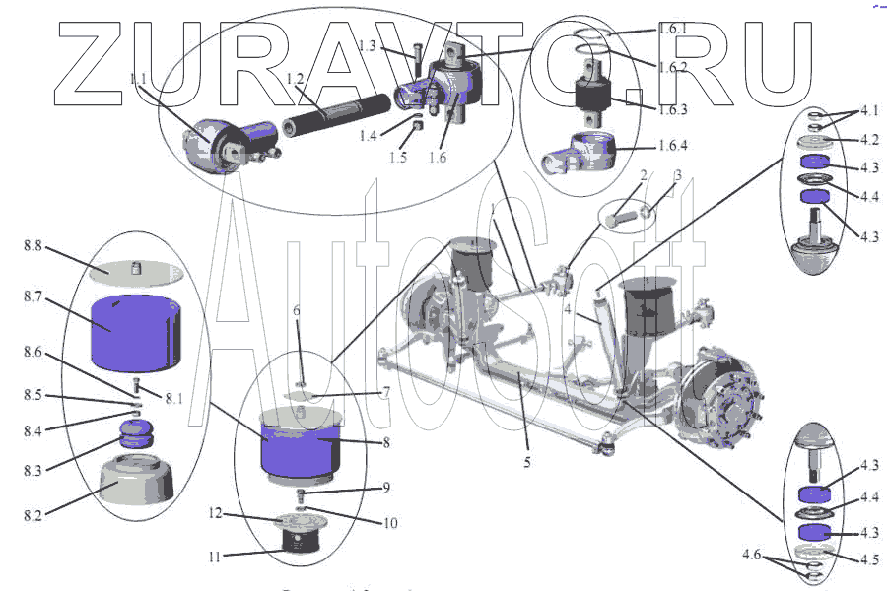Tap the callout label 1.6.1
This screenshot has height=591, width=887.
point(679,30)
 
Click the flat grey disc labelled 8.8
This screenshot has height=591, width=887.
point(136,268)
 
